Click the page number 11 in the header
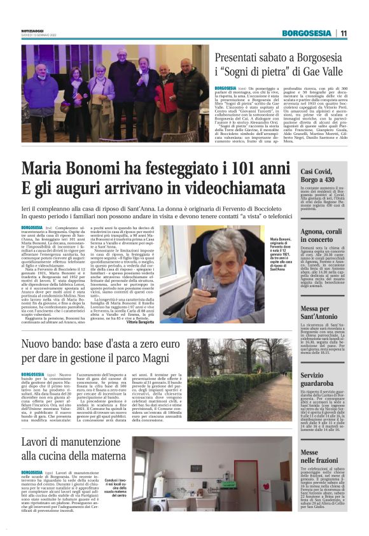point(343,33)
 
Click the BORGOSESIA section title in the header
point(308,33)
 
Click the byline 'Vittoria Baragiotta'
point(145,323)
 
